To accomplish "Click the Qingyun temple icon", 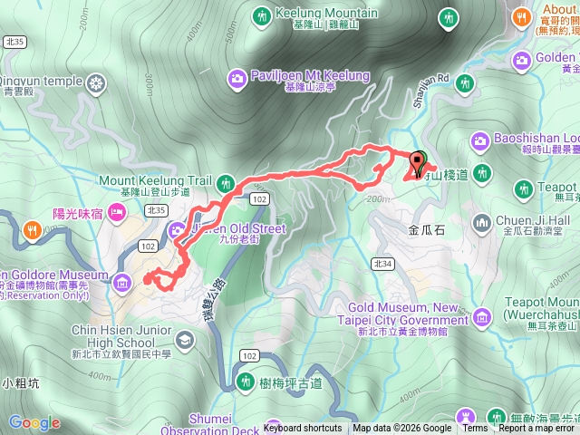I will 97,83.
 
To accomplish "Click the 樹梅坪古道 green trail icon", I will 244,383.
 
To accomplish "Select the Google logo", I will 34,422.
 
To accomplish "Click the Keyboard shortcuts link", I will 303,429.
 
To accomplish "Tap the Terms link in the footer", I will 478,429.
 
